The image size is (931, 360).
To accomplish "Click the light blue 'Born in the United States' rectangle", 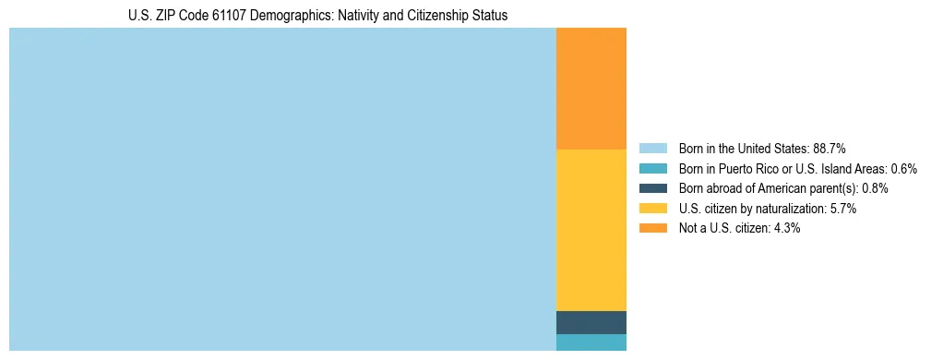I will click(282, 189).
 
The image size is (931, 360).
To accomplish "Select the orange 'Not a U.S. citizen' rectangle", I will click(591, 89).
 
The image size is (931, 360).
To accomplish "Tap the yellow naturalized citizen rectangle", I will click(591, 230).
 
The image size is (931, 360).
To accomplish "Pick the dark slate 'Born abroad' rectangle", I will click(591, 322).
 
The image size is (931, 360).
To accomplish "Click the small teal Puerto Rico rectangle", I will click(591, 342).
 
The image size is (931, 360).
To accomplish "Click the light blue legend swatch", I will click(652, 148).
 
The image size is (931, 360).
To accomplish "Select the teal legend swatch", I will click(652, 168).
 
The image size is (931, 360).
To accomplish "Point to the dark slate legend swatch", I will click(652, 188).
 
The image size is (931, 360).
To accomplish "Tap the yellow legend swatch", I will click(652, 209).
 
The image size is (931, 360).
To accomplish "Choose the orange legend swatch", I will click(652, 228).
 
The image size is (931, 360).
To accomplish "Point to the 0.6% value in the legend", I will click(903, 168).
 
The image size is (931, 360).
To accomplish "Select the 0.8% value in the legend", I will click(875, 188).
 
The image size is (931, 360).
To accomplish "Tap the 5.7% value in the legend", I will click(843, 209).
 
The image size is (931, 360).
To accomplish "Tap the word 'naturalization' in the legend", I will click(789, 209).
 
